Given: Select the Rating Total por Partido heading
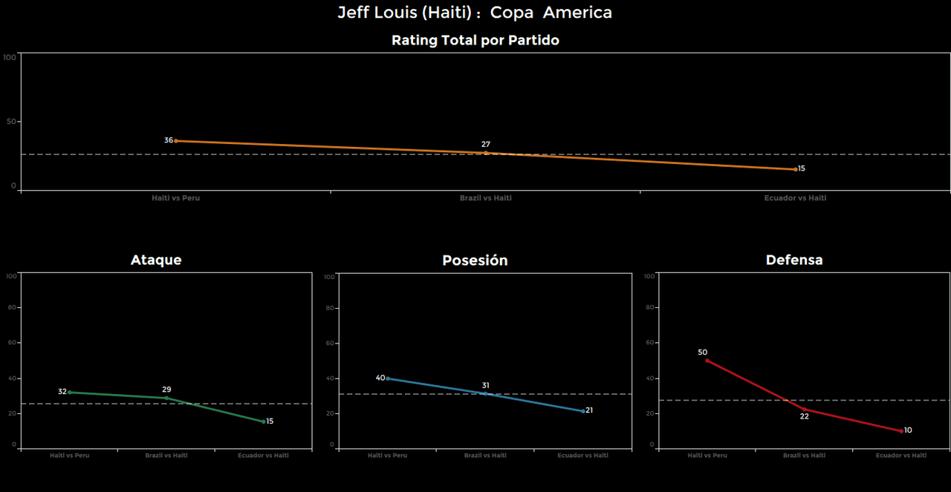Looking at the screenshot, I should coord(475,41).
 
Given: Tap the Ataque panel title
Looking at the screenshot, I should coord(156,260).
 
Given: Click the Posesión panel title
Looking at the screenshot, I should coord(475,260).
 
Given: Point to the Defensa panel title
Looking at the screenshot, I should coord(794,260).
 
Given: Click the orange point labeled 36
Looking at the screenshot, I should coord(176,140).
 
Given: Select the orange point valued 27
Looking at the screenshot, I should coord(486,153).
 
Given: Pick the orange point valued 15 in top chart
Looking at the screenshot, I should coord(795,169).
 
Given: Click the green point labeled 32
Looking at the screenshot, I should coord(70,392).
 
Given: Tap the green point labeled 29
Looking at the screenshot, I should coord(166,398).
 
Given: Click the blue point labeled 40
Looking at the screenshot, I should coord(388,378).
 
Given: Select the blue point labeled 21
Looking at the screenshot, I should coord(583,411).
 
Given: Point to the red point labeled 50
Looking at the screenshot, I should coord(707,361).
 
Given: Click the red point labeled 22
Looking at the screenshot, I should coord(804,409).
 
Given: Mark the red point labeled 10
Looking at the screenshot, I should coord(901,431).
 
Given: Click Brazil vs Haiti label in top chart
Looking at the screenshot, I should coord(486,198).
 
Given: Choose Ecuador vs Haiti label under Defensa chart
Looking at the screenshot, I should coord(901,456).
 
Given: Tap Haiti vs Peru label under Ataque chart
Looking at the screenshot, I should coord(70,456).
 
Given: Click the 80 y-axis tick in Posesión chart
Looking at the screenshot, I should coord(331,308).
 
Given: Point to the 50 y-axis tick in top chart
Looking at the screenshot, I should coord(10,122).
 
